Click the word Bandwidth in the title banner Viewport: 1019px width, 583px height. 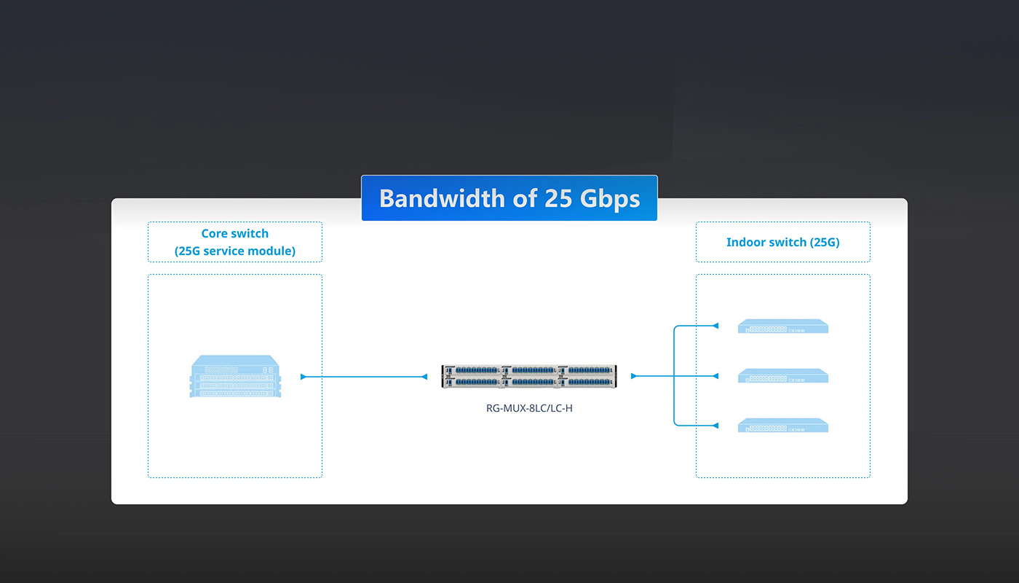pos(443,198)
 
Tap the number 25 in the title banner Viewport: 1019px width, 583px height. pos(558,198)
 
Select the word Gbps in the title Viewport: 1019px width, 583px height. pos(610,200)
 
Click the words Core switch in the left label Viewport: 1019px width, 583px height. pos(234,233)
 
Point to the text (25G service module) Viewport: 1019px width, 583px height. pos(234,251)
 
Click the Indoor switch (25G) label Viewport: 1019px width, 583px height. pos(783,242)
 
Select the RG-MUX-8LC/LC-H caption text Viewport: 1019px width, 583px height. pos(529,408)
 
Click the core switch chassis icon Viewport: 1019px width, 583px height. pos(235,376)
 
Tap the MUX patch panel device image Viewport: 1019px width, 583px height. pos(529,376)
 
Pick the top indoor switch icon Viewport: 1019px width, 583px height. pos(783,326)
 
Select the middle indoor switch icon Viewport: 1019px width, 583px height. pos(783,376)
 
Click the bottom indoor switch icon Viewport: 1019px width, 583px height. pos(783,426)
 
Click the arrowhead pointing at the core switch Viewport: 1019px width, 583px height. pos(304,377)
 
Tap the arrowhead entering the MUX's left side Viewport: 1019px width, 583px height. pos(424,377)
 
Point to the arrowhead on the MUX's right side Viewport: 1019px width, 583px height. pos(634,376)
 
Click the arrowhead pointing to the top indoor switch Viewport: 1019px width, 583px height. pos(715,326)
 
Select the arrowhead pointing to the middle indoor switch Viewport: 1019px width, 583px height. pos(715,376)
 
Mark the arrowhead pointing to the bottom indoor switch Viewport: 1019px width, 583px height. pos(715,426)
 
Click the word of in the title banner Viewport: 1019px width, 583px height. pos(525,198)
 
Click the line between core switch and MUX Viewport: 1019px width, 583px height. pos(364,377)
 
